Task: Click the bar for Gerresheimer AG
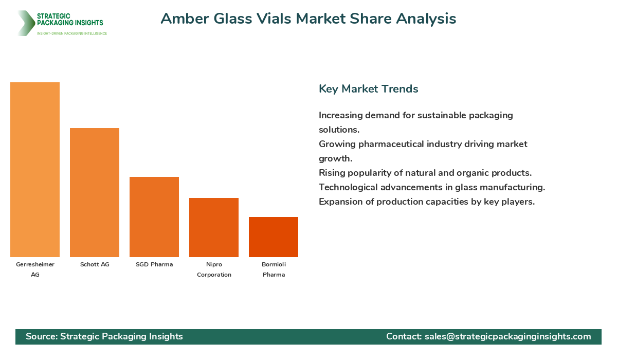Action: [35, 170]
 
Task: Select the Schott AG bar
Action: [95, 192]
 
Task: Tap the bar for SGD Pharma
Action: [154, 217]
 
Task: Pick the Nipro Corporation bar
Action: [214, 227]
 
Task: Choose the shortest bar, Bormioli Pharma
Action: [274, 237]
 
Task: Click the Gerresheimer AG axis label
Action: [35, 269]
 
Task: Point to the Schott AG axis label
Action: [95, 264]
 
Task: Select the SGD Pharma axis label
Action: [154, 264]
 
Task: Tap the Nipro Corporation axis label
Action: [214, 269]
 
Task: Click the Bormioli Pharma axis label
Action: [274, 269]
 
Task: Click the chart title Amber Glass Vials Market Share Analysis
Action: [308, 19]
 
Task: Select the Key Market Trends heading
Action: [368, 89]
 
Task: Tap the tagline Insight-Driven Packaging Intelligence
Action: [72, 33]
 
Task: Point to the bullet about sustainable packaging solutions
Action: [415, 122]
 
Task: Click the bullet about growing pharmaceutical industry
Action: [423, 151]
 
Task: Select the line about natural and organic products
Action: [425, 173]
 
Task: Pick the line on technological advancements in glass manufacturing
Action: [431, 187]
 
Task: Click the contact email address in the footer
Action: [507, 336]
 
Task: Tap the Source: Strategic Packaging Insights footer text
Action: [104, 336]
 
